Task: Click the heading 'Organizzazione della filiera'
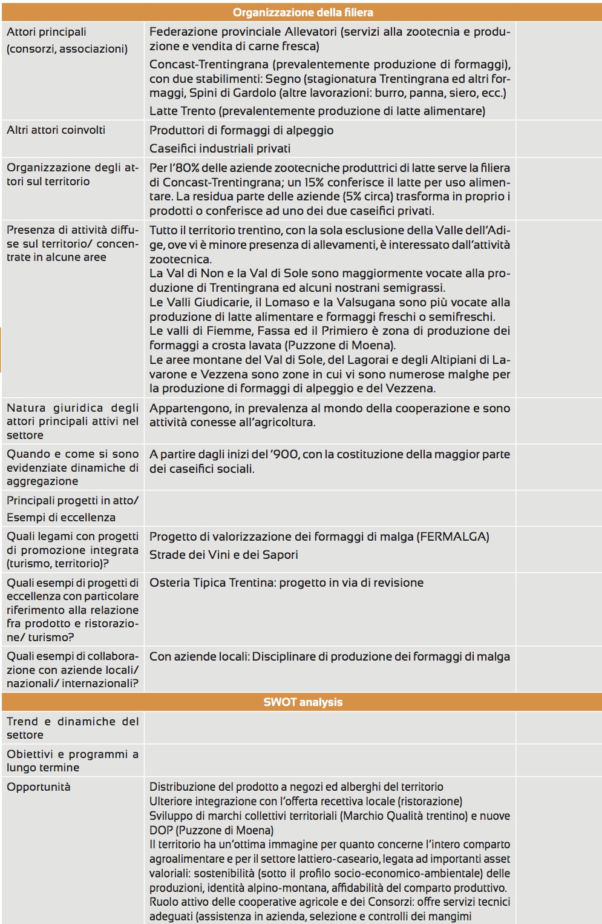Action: (303, 12)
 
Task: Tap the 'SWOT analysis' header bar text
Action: (303, 702)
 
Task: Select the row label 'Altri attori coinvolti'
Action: (56, 130)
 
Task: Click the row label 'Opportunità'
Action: (39, 787)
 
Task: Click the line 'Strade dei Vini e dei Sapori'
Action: (223, 555)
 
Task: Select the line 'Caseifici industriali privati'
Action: (220, 148)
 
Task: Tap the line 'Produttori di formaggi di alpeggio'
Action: (241, 130)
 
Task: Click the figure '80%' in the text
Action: (187, 168)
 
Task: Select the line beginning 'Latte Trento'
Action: (317, 111)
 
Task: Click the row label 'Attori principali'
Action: (47, 31)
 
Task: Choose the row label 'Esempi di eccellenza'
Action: (61, 517)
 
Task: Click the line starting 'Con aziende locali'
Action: (329, 656)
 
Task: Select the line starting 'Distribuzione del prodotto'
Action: (296, 787)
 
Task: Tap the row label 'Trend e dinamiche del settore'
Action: (73, 728)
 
